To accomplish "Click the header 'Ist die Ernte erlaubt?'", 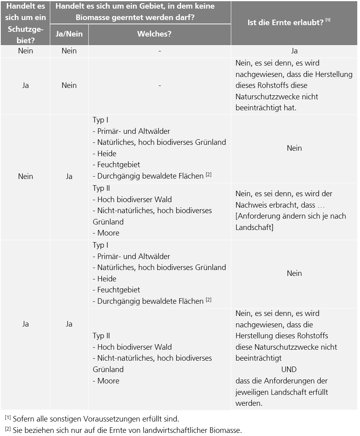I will tap(285, 23).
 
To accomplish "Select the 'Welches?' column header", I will tap(159, 34).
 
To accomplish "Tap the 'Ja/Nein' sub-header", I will tap(69, 34).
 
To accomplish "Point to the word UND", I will tap(289, 369).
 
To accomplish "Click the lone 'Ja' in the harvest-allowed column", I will tap(294, 51).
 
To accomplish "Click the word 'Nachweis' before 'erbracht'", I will tap(252, 205).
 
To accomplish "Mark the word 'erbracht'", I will tap(285, 205).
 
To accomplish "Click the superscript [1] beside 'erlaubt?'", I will tap(327, 20).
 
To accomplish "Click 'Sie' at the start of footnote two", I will tap(18, 430).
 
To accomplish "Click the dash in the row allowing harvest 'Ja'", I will tap(160, 51).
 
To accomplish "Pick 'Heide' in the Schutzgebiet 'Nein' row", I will tap(107, 153).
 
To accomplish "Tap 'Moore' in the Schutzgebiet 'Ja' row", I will tap(108, 381).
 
